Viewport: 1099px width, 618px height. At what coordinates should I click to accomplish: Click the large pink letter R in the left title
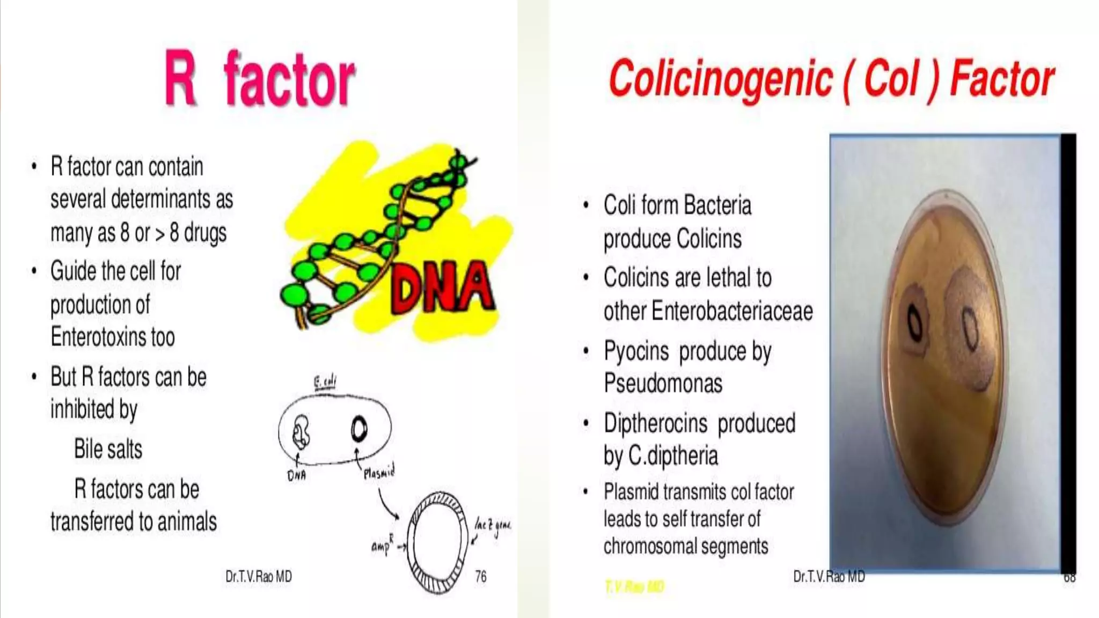(x=180, y=78)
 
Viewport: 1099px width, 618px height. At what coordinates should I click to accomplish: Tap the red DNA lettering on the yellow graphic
(x=442, y=288)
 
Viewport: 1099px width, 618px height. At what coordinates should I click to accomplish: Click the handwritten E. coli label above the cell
(x=325, y=382)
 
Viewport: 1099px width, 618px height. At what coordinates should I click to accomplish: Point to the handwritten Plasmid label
(x=379, y=472)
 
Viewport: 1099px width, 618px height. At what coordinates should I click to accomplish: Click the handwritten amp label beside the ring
(x=382, y=546)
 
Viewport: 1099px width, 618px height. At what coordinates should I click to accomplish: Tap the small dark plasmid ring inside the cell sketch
(x=359, y=429)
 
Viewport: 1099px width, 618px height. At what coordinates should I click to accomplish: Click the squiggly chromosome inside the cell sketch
(x=301, y=432)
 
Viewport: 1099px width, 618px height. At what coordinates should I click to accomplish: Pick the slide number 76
(x=481, y=577)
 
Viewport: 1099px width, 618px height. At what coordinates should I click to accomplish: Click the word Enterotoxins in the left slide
(x=113, y=337)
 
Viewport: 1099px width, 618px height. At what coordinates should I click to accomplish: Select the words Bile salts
(x=108, y=449)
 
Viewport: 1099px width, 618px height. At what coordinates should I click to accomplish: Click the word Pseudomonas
(x=663, y=384)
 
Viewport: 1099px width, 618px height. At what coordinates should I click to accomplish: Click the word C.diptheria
(x=673, y=456)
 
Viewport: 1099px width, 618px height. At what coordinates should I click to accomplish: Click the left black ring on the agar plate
(x=915, y=323)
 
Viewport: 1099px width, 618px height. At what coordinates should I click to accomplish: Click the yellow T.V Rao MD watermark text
(x=634, y=587)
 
